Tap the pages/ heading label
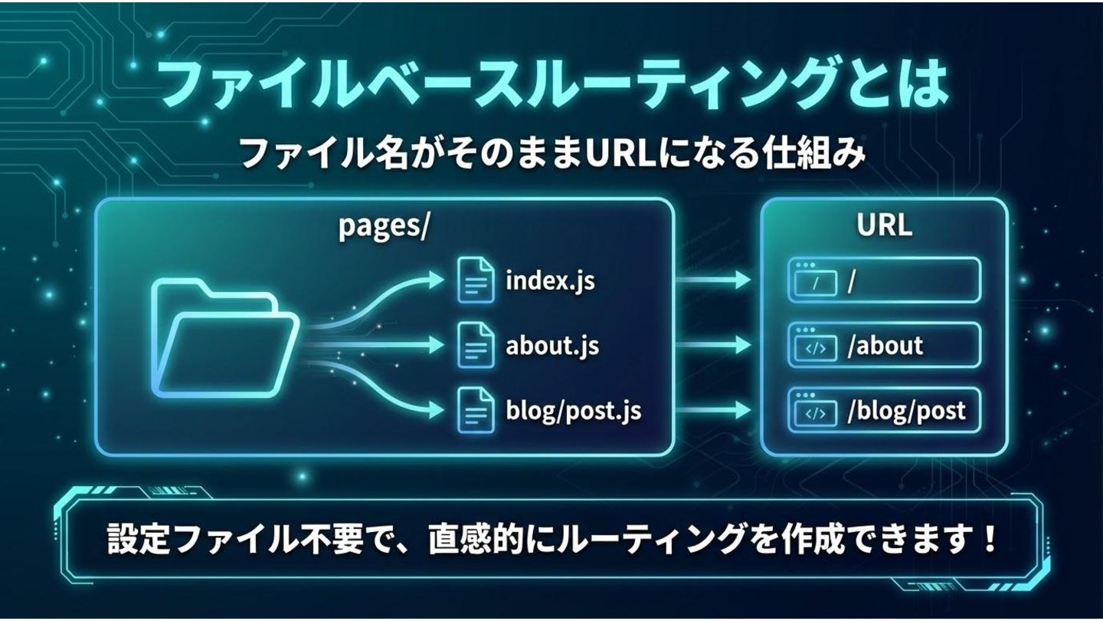coord(384,228)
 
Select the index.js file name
coord(550,281)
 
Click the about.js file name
coord(551,346)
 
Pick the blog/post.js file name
coord(573,411)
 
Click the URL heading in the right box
coord(884,227)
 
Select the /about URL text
coord(885,346)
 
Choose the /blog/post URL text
coord(906,411)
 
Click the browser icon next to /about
coord(815,346)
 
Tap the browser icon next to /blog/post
coord(815,411)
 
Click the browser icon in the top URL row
coord(815,281)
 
